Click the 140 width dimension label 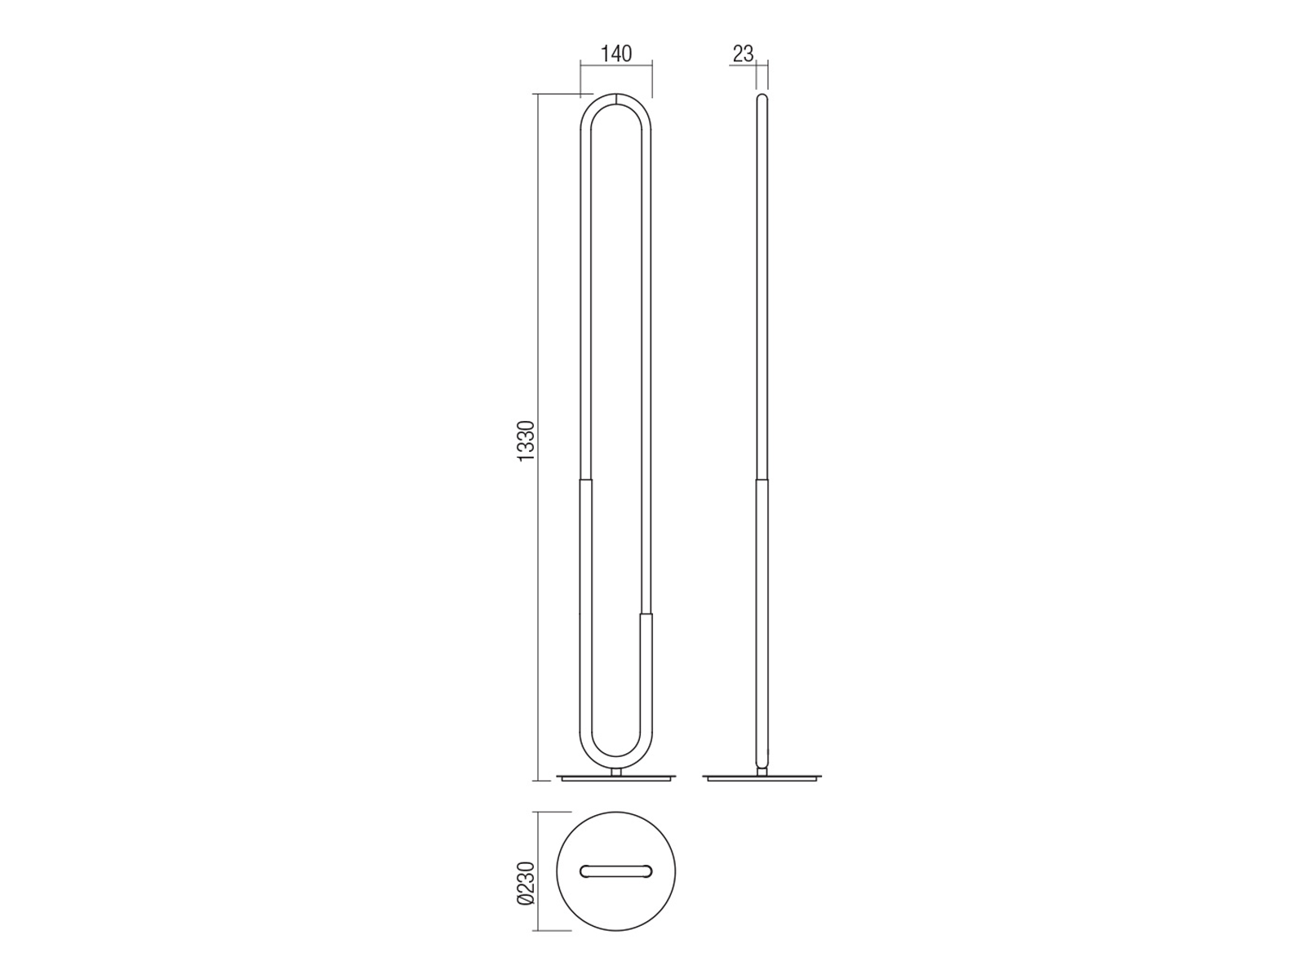click(x=615, y=54)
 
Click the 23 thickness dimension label click(x=743, y=54)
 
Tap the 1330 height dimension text click(x=526, y=441)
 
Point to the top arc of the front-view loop click(x=615, y=100)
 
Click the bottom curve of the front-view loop click(x=615, y=763)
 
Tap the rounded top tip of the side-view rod click(x=762, y=97)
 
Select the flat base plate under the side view click(x=762, y=777)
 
